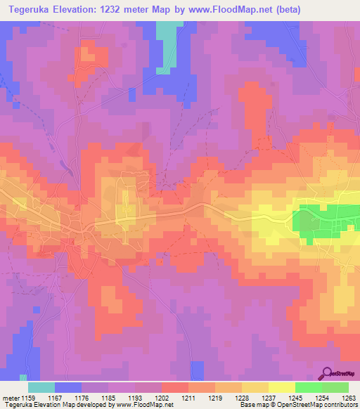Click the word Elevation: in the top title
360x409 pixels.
click(x=81, y=10)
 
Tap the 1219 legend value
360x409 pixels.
click(x=216, y=398)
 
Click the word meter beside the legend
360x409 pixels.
click(x=11, y=398)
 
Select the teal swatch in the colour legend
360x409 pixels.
click(x=41, y=387)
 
